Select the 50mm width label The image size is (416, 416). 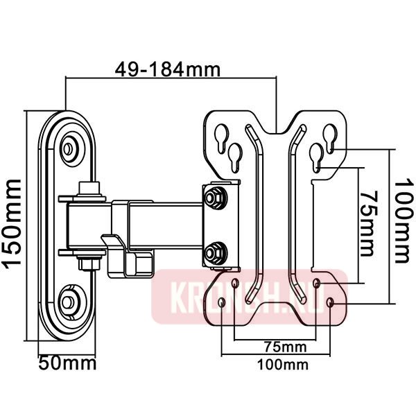coord(67,363)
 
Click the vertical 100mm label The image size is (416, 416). coord(402,221)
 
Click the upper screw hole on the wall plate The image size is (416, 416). coord(69,148)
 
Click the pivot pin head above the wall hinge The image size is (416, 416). coord(88,188)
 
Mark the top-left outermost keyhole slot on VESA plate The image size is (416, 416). coord(221,136)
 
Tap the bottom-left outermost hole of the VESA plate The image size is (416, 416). coord(221,304)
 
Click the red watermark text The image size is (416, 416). coord(250,297)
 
